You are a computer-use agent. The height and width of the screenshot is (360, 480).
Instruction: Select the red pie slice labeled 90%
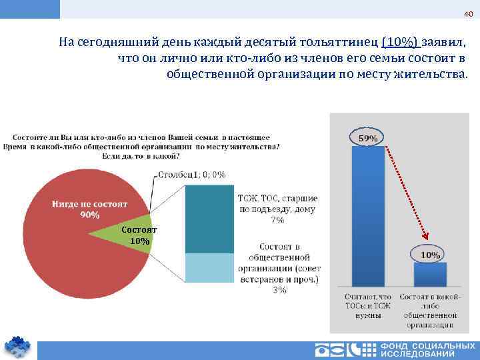73,247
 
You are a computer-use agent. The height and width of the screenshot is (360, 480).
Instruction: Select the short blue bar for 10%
430,275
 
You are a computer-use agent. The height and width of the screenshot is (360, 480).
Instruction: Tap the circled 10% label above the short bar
430,254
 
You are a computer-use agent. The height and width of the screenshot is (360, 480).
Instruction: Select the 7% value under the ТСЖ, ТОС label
278,220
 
